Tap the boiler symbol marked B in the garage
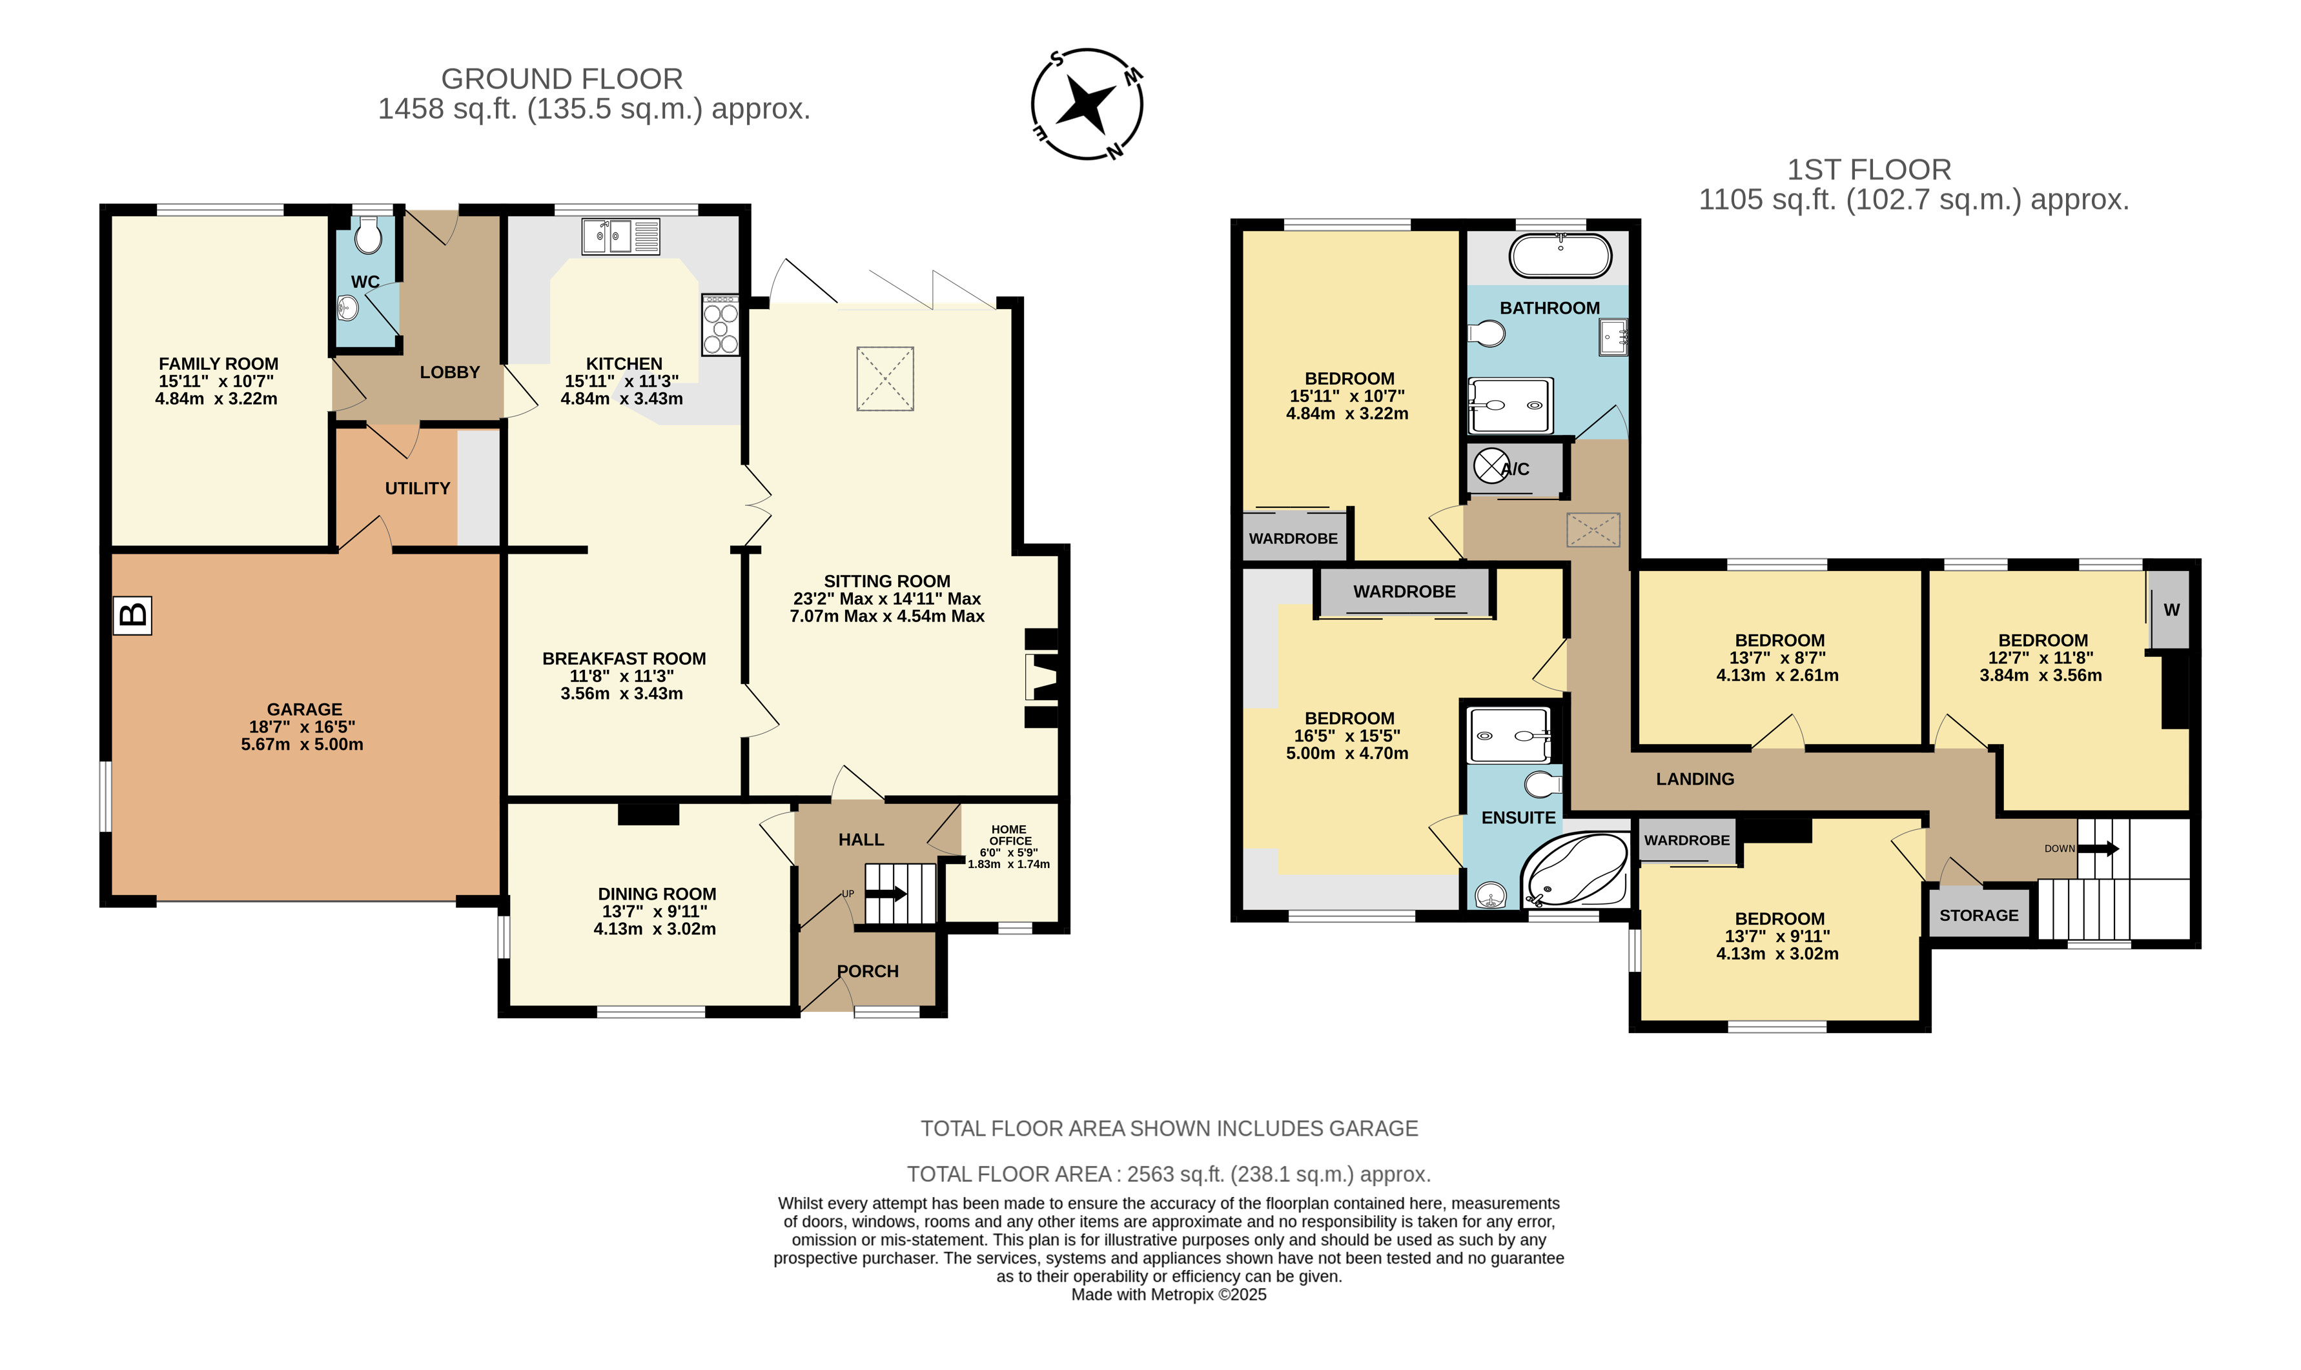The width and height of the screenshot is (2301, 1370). click(132, 615)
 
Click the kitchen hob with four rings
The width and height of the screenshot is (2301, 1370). click(721, 324)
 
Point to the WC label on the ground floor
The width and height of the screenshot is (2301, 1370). click(365, 281)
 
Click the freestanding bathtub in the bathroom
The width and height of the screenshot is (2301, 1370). click(1560, 256)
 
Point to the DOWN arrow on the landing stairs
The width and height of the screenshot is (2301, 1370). click(2098, 849)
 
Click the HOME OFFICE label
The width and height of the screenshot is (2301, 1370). click(1009, 834)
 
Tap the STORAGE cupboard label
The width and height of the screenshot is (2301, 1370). click(1979, 915)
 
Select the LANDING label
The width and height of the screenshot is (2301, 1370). click(1695, 779)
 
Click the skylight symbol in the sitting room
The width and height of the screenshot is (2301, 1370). click(885, 379)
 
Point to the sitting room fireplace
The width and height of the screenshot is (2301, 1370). click(1041, 678)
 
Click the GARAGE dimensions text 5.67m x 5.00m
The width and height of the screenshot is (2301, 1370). click(302, 744)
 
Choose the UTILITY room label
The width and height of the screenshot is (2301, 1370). click(417, 489)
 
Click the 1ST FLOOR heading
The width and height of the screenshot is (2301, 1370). click(1869, 170)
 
